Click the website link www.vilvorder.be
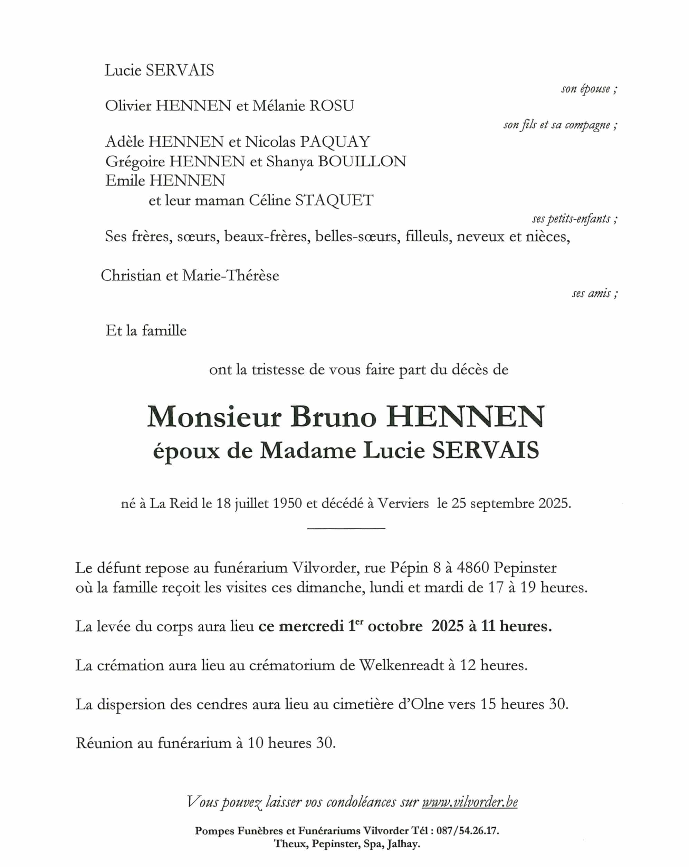click(x=469, y=802)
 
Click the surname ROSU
click(x=332, y=106)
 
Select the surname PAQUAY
click(x=335, y=142)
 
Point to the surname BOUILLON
click(x=362, y=161)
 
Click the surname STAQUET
click(x=334, y=200)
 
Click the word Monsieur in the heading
click(x=214, y=417)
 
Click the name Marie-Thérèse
click(x=230, y=276)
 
